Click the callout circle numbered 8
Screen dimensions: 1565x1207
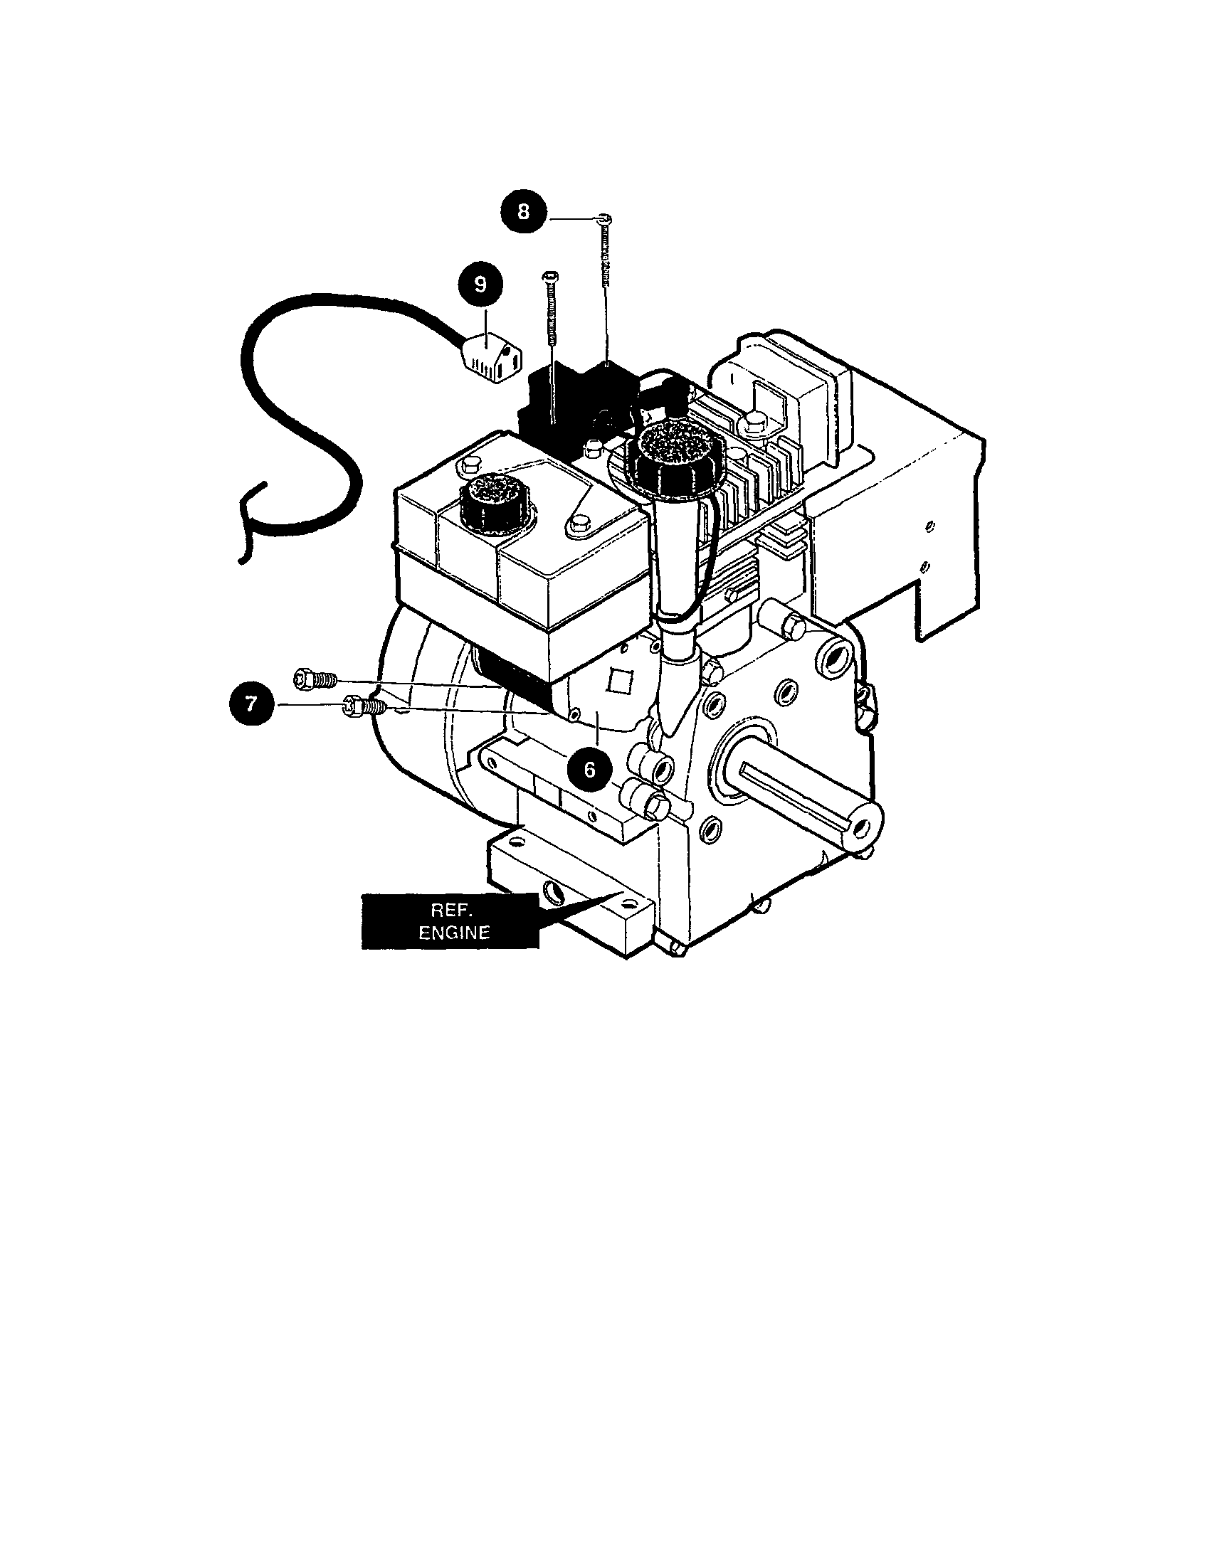(524, 212)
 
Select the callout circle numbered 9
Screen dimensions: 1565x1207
(480, 285)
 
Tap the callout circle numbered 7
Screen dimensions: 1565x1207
(250, 704)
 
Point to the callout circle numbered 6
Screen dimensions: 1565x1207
(589, 770)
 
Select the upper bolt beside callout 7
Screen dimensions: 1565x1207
(312, 677)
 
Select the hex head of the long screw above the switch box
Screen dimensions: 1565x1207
(549, 276)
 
